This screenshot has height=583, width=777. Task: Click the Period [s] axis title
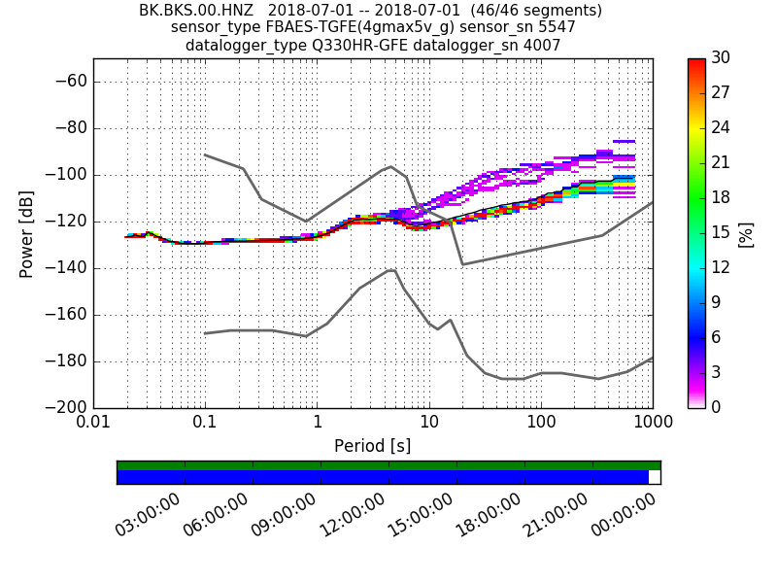(x=372, y=446)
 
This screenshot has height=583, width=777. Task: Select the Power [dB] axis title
(x=26, y=234)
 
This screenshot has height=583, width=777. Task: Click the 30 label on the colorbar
(x=722, y=58)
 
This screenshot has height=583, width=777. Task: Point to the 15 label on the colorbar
(x=722, y=233)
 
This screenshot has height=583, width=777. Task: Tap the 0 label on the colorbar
(x=717, y=408)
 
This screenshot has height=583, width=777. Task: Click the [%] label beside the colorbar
(x=746, y=234)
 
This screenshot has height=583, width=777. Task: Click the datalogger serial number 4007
(x=542, y=45)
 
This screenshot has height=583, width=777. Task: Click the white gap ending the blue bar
(x=655, y=477)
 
